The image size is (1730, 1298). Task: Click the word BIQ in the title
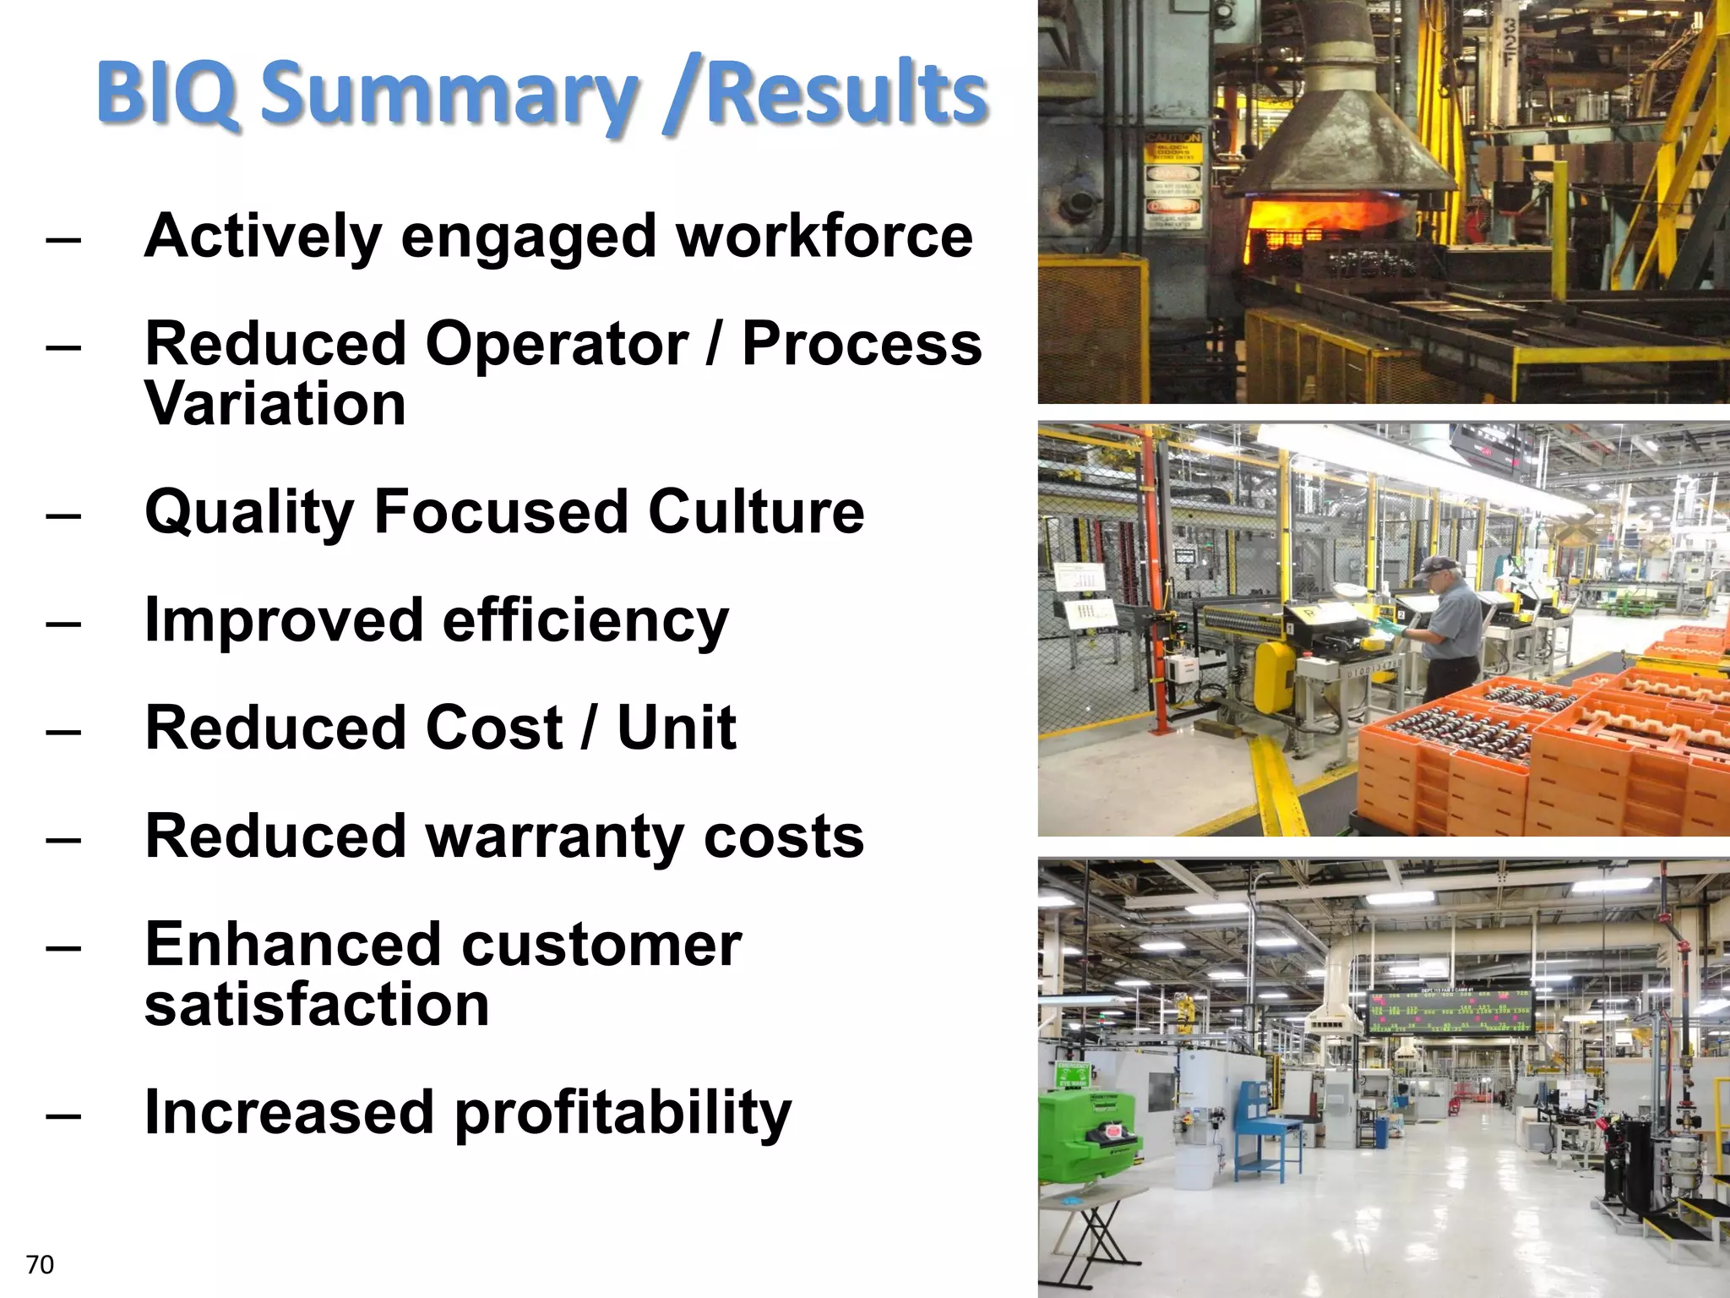(166, 93)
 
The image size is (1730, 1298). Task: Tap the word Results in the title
(846, 93)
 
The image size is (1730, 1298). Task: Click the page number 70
(40, 1265)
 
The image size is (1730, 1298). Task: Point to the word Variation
(275, 404)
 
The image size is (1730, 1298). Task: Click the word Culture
(756, 512)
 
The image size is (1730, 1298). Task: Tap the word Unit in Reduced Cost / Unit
(676, 728)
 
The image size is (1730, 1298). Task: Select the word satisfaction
(317, 1005)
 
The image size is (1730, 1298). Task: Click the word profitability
(623, 1113)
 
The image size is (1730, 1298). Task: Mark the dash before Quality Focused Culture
(64, 515)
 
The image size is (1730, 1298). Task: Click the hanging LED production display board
(1449, 1011)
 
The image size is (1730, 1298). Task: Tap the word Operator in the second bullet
(556, 345)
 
